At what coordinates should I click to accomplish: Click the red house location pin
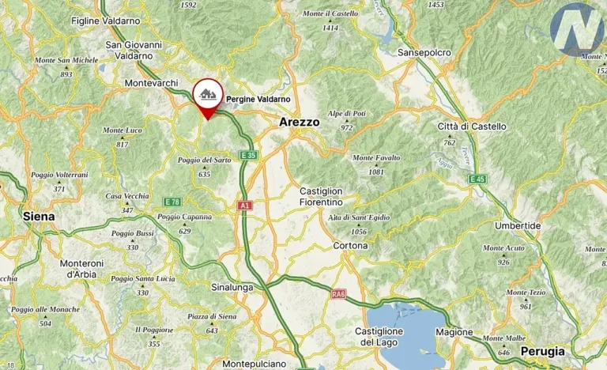point(207,96)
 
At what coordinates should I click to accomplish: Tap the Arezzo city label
point(300,123)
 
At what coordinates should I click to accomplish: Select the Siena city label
point(39,216)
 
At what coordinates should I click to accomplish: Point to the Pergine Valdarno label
point(258,99)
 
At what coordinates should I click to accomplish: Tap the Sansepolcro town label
point(424,52)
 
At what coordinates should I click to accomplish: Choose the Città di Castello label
point(471,126)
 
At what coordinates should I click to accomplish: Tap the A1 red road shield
point(244,206)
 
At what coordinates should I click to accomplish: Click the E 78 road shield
point(172,202)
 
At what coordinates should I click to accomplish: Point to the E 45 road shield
point(476,179)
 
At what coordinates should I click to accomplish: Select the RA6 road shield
point(338,295)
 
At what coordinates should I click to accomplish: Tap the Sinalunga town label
point(232,287)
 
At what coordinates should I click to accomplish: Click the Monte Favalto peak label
point(376,157)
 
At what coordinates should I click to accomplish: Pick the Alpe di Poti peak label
point(347,114)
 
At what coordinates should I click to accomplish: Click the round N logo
point(577,29)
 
